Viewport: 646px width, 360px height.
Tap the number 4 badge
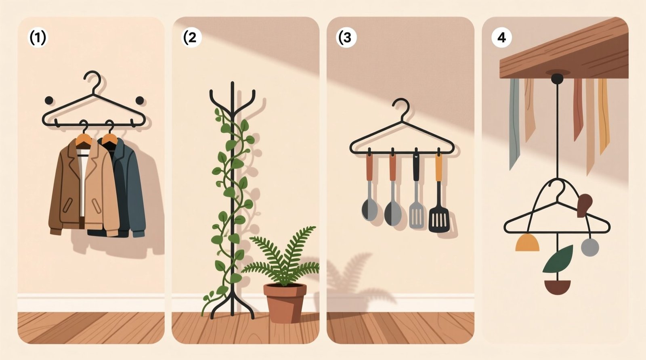click(x=501, y=38)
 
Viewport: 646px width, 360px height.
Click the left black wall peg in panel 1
click(x=49, y=100)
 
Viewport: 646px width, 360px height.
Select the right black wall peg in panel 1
click(x=140, y=100)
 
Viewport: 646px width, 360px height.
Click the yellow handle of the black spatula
click(x=438, y=167)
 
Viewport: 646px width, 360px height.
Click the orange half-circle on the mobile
click(x=527, y=242)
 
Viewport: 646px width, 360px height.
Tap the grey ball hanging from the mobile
click(x=589, y=247)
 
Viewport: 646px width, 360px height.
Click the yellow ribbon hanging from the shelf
click(x=603, y=115)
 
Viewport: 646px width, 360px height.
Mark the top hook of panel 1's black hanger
click(x=93, y=79)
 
